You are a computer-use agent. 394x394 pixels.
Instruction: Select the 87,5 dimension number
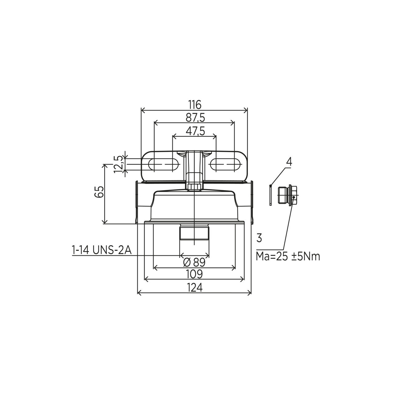pyautogui.click(x=195, y=118)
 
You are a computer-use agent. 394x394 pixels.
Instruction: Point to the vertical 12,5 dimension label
pyautogui.click(x=118, y=164)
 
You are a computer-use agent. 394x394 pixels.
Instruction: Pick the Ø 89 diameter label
pyautogui.click(x=194, y=262)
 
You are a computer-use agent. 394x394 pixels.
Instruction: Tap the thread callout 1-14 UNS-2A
pyautogui.click(x=102, y=250)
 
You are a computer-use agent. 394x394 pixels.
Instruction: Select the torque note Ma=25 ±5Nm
pyautogui.click(x=288, y=256)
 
